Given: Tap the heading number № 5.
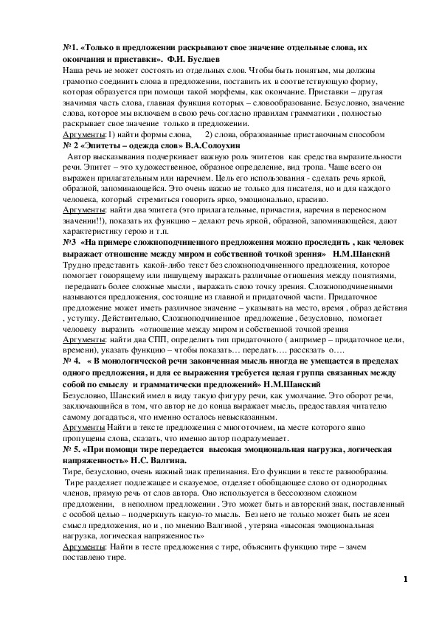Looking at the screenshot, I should (x=72, y=459).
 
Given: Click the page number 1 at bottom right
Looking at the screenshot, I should (x=406, y=579).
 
